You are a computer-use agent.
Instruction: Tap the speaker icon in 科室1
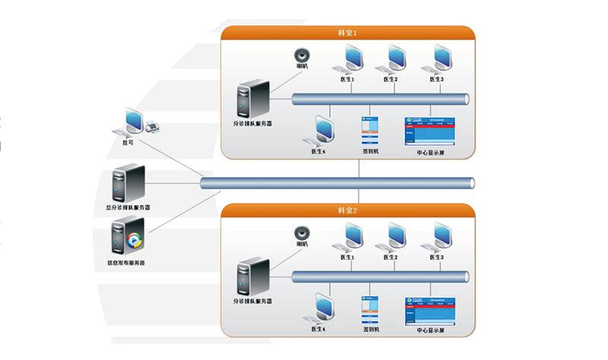(302, 57)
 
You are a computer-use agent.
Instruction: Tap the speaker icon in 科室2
(302, 234)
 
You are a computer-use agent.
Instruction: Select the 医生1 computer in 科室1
(350, 58)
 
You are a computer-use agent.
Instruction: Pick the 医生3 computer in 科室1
(439, 58)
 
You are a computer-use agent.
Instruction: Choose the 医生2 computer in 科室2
(394, 236)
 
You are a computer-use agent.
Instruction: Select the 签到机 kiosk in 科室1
(369, 131)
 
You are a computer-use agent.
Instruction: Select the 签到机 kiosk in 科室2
(369, 308)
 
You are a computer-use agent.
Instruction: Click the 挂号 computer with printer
(136, 122)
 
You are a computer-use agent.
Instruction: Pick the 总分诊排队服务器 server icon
(128, 182)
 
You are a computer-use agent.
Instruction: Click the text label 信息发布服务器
(126, 263)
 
